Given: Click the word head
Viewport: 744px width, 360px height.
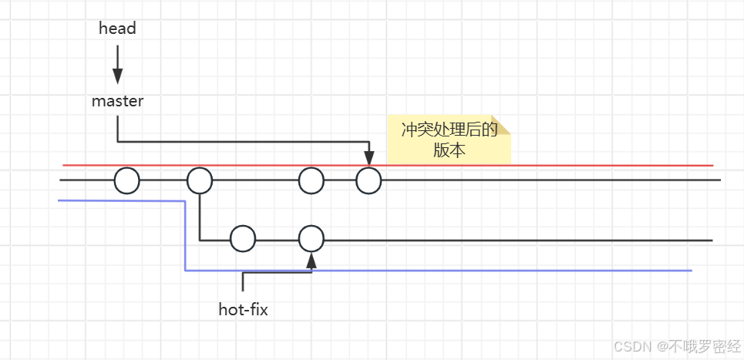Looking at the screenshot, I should coord(117,29).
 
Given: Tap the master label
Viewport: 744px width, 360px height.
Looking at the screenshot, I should coord(117,101).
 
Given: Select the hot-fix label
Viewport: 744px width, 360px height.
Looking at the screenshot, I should coord(243,311).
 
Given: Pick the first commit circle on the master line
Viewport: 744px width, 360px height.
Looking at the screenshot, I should coord(127,181).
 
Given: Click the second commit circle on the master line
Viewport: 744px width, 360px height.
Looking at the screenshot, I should coord(200,181).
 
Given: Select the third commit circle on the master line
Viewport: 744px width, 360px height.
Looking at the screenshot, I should coord(311,181).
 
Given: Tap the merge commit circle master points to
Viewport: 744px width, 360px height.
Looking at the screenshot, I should coord(369,181).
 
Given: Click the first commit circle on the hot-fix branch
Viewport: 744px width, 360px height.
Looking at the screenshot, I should coord(243,239).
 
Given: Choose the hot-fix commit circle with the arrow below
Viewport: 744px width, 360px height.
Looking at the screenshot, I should coord(311,239).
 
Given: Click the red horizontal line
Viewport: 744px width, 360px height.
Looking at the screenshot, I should coord(540,165).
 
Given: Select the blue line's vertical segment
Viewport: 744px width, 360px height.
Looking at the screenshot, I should coord(186,235).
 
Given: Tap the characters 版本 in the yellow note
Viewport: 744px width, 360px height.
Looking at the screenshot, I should coord(449,150).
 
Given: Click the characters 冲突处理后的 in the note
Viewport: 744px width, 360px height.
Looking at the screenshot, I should coord(449,130).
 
